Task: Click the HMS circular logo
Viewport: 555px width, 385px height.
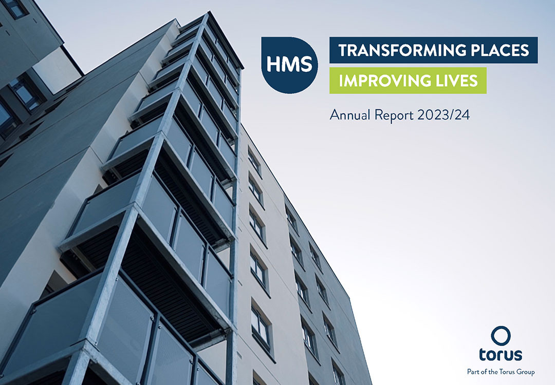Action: pyautogui.click(x=289, y=65)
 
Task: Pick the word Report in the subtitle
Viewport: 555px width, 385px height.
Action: pyautogui.click(x=394, y=115)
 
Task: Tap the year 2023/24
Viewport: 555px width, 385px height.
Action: pyautogui.click(x=443, y=115)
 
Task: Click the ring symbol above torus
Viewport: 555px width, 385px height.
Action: pyautogui.click(x=501, y=336)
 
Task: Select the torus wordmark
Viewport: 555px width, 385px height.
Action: pyautogui.click(x=501, y=354)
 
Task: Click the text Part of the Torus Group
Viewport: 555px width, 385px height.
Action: pyautogui.click(x=501, y=372)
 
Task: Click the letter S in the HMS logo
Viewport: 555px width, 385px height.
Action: pyautogui.click(x=306, y=64)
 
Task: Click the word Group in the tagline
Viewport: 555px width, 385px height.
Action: pyautogui.click(x=526, y=372)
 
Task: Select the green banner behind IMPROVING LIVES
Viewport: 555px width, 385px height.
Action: pyautogui.click(x=408, y=81)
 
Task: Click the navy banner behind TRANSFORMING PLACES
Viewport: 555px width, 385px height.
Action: pyautogui.click(x=434, y=50)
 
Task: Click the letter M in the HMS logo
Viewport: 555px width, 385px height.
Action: pyautogui.click(x=289, y=64)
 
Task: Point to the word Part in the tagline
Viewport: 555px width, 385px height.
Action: pyautogui.click(x=473, y=372)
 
